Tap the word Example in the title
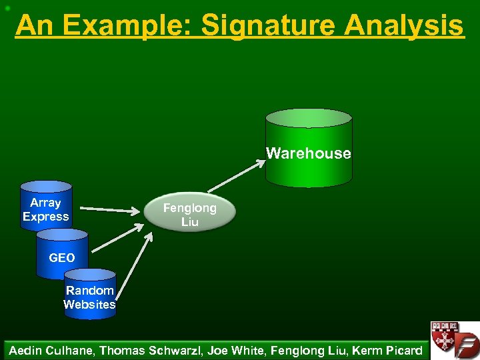click(130, 26)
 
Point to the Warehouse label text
click(309, 153)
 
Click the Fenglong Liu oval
click(190, 213)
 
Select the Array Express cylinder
click(45, 207)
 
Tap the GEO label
click(62, 258)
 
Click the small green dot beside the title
click(5, 8)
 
